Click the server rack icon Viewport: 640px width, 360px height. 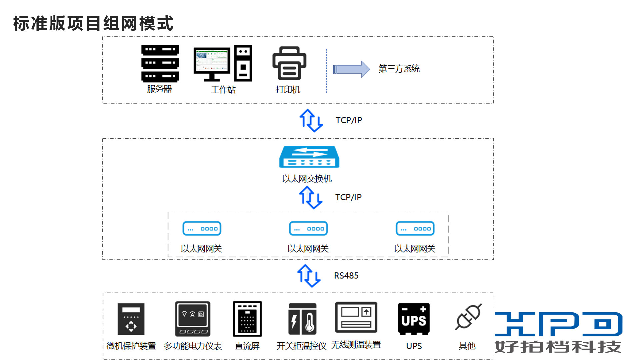click(x=160, y=63)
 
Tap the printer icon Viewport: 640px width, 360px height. click(x=289, y=63)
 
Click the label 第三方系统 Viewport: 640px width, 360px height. click(x=399, y=69)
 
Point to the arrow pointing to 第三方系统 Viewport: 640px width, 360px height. click(x=351, y=69)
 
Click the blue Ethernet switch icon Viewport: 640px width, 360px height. click(x=309, y=157)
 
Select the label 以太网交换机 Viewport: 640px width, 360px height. click(x=307, y=179)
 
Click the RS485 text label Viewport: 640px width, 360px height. click(x=346, y=276)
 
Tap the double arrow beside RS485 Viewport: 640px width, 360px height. click(x=309, y=276)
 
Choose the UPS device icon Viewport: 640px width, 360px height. click(x=414, y=319)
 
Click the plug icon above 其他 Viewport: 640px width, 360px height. click(x=468, y=317)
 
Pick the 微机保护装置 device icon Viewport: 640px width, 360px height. click(x=131, y=319)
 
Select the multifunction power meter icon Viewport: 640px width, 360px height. click(x=193, y=319)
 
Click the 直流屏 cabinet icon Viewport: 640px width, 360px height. click(x=247, y=319)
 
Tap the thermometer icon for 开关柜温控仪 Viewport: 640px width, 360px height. click(x=302, y=319)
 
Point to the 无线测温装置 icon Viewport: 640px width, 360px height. click(x=356, y=317)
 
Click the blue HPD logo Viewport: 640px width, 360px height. click(x=558, y=324)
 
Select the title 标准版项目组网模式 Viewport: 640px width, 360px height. click(x=93, y=23)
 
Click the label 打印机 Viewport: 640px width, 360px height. click(x=288, y=89)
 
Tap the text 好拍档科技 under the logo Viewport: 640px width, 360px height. click(x=558, y=347)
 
